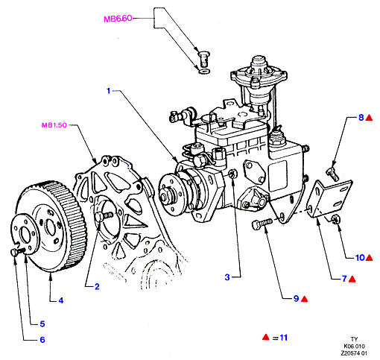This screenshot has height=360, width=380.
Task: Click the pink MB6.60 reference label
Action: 118,19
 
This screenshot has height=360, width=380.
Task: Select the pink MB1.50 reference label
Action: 54,125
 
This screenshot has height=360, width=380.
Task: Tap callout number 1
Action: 108,91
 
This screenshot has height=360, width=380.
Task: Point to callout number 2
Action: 97,287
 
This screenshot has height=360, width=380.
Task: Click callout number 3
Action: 227,277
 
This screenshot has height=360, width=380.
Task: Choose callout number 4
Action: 61,300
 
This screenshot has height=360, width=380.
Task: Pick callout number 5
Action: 42,324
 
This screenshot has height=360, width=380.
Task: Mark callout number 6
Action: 42,340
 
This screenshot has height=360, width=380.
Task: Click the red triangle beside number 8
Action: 369,118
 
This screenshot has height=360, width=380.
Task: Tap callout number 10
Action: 360,258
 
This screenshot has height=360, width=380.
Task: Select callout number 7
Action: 344,279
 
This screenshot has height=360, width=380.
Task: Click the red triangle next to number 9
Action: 304,299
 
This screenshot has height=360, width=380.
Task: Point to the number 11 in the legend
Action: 283,338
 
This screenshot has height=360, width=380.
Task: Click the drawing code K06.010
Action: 355,346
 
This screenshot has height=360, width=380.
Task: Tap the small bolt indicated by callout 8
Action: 332,174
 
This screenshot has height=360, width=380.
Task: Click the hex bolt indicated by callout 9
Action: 262,224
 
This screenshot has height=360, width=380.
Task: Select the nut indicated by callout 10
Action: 335,218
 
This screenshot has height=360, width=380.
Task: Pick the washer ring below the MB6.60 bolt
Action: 204,72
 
